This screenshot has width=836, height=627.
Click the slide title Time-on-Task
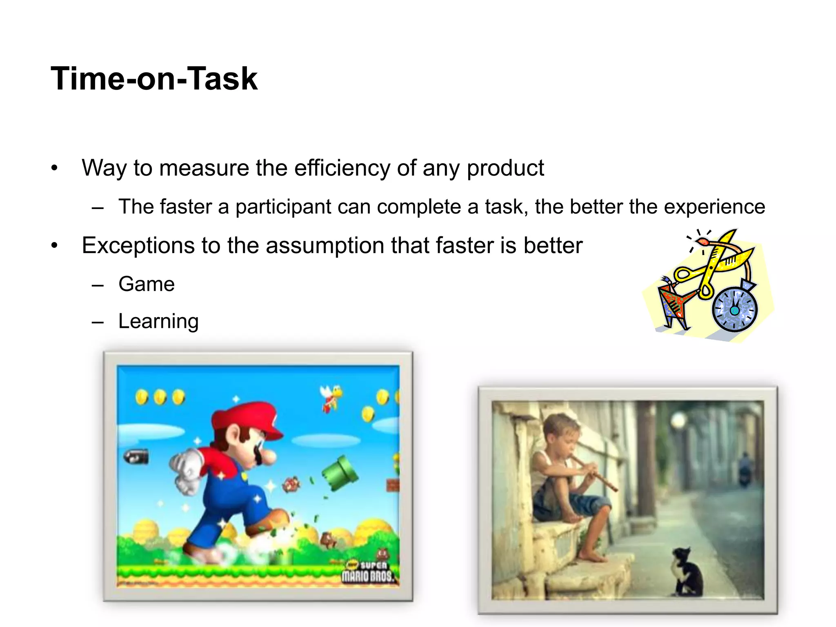click(x=154, y=78)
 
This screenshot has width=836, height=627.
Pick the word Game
click(x=147, y=284)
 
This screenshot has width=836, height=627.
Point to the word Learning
click(x=158, y=321)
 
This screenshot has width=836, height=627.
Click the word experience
click(x=714, y=207)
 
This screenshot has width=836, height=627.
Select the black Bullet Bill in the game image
click(x=136, y=457)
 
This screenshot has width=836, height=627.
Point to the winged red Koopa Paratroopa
click(x=331, y=396)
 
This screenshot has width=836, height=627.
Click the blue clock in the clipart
click(x=735, y=309)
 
